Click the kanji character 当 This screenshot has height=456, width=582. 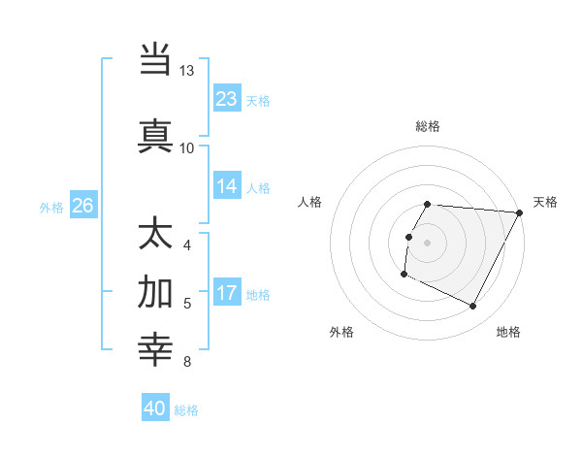(155, 59)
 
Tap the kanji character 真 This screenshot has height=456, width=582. (155, 135)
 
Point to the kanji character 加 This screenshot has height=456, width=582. (155, 291)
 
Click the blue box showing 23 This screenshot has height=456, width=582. (227, 99)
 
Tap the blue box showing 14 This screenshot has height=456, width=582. (227, 187)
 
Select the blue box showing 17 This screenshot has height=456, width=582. (227, 294)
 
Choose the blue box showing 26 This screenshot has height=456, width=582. (82, 205)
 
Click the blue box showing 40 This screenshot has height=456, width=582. (155, 408)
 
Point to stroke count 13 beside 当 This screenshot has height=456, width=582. (186, 71)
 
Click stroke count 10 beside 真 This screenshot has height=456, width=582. (186, 147)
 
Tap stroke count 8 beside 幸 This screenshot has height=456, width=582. (186, 362)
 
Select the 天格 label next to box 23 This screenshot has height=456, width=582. (258, 100)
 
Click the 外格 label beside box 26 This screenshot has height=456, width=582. (51, 206)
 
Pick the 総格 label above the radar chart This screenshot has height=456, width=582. (427, 126)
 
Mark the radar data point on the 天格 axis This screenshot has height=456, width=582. (520, 212)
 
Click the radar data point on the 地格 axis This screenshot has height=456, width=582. (473, 307)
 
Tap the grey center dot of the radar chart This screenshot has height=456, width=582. (427, 243)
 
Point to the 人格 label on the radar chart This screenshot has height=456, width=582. (310, 202)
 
